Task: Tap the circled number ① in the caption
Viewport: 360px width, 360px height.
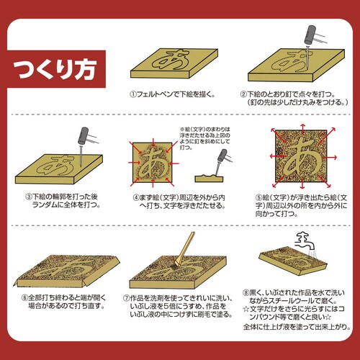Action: click(x=132, y=94)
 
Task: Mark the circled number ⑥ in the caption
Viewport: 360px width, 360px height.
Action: click(x=24, y=295)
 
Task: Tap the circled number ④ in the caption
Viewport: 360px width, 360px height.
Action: click(x=135, y=195)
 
